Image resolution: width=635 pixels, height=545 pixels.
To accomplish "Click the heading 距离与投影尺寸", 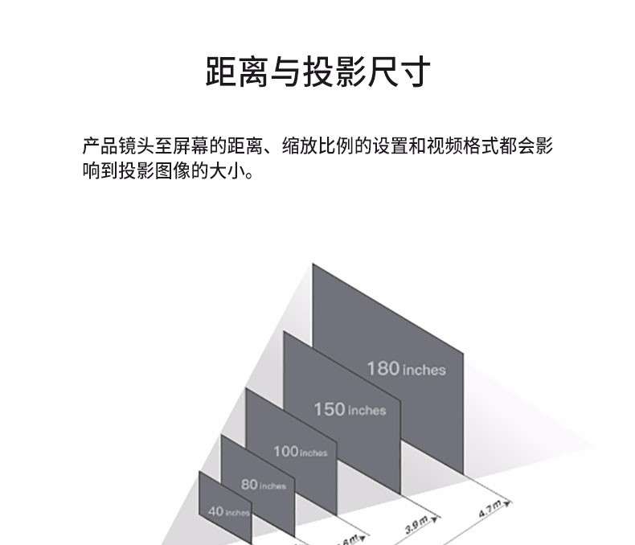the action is click(x=317, y=72).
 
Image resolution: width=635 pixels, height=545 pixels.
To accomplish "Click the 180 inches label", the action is click(x=406, y=369).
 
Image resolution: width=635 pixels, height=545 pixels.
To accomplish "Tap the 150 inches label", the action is click(x=350, y=410).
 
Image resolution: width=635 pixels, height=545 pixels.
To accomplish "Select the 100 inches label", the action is click(x=300, y=452).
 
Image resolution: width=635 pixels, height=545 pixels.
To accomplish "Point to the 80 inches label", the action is click(x=263, y=485).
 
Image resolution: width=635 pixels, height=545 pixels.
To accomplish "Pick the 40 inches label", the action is click(x=228, y=511).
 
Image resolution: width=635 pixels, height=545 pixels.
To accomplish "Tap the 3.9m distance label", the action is click(x=416, y=527).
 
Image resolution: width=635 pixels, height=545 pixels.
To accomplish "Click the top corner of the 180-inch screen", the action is click(x=314, y=264).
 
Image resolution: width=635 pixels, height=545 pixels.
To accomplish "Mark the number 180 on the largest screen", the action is click(x=383, y=368).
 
